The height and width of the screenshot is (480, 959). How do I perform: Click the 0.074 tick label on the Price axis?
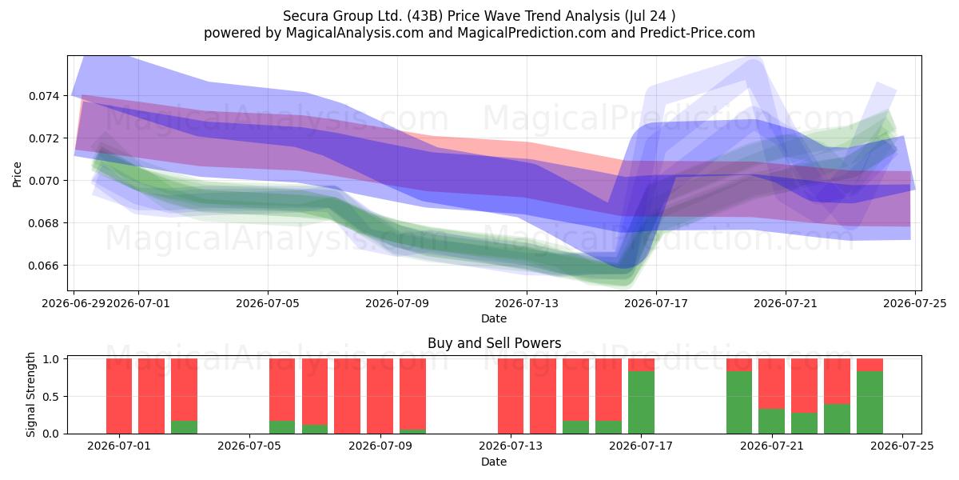[x=45, y=96]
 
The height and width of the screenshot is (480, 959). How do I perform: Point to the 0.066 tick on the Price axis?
[x=45, y=266]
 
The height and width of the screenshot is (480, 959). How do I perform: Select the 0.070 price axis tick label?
[x=45, y=181]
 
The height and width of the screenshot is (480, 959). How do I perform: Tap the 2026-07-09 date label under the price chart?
[x=397, y=303]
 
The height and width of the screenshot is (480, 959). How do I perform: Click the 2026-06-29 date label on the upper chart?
[x=74, y=303]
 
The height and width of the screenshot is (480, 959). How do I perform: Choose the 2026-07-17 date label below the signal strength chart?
[x=641, y=446]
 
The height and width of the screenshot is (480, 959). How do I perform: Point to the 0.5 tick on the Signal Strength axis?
[x=51, y=397]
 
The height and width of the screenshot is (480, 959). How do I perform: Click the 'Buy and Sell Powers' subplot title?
[x=494, y=343]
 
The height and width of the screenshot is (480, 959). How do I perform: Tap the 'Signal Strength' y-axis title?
[x=30, y=394]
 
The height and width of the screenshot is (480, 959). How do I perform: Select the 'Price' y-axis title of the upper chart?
[x=17, y=174]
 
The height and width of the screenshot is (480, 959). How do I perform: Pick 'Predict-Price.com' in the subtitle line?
[x=698, y=33]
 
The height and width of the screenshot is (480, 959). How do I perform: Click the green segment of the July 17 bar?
[x=641, y=402]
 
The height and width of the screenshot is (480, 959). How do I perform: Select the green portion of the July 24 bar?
[x=869, y=402]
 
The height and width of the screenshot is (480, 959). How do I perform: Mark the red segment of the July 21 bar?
[x=771, y=383]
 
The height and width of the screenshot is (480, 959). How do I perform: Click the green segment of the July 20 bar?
[x=739, y=402]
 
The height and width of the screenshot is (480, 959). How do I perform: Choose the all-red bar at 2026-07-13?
[x=511, y=396]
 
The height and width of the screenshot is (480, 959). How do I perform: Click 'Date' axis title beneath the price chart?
[x=494, y=318]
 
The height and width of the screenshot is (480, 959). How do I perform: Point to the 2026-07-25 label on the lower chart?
[x=902, y=446]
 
